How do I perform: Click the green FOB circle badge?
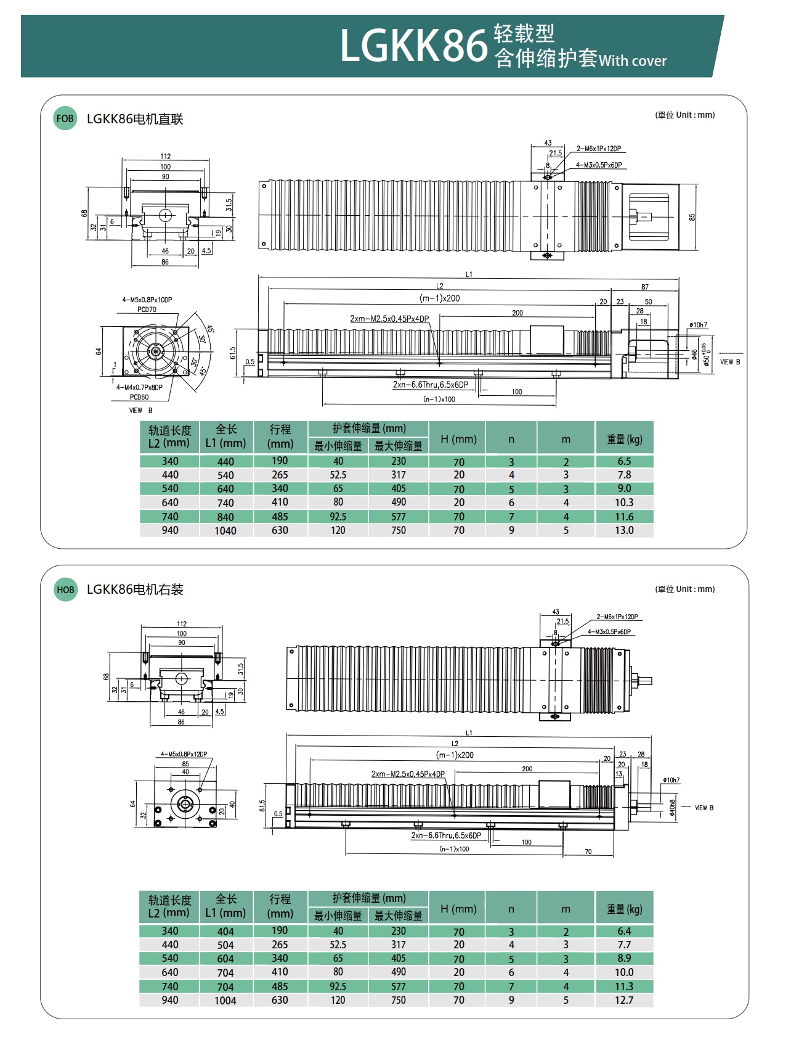65,119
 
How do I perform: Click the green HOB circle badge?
65,589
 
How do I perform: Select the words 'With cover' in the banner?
633,61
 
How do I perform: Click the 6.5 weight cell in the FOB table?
624,461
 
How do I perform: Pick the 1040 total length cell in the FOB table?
225,531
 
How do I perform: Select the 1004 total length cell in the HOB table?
225,1001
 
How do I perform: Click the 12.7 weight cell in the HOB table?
624,1000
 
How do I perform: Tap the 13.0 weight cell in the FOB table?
624,530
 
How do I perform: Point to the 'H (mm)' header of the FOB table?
458,439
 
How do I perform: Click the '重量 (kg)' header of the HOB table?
624,909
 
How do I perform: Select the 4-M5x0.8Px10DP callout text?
147,300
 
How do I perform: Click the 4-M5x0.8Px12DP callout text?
184,754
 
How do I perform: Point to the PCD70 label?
147,310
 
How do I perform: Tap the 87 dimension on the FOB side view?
644,287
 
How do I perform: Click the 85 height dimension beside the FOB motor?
692,218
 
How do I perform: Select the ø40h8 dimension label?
672,808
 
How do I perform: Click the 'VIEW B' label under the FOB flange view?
140,411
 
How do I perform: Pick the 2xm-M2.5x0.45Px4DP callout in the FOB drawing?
389,319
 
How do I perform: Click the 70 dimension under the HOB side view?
588,852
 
